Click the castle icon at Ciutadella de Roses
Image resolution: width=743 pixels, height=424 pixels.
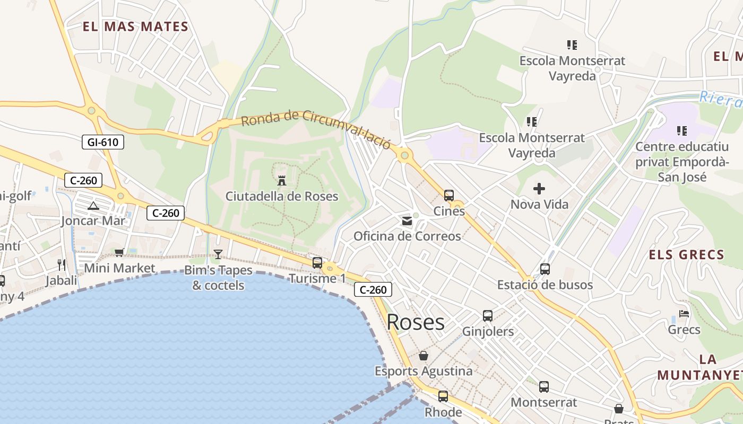[282, 180]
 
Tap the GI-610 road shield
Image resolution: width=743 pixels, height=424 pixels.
[103, 142]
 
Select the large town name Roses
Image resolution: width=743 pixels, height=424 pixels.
[416, 322]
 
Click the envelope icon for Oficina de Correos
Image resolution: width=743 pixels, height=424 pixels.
[407, 220]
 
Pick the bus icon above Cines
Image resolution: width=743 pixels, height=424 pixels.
[449, 195]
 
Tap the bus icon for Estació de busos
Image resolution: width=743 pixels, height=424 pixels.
[545, 269]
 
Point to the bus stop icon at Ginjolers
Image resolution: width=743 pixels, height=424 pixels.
[488, 316]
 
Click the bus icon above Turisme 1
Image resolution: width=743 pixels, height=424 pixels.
[317, 262]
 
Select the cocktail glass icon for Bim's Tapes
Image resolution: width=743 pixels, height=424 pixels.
[218, 254]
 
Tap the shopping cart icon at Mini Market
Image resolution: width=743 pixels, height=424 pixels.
[119, 252]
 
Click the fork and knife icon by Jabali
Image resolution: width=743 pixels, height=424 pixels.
[62, 264]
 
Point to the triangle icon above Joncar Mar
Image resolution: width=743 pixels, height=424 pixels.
[93, 206]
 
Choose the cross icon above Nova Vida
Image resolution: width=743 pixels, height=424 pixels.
[539, 189]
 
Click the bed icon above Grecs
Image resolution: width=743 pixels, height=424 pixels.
[684, 314]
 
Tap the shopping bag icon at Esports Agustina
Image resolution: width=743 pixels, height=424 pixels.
[424, 356]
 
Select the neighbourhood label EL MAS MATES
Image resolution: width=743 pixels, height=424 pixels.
[136, 26]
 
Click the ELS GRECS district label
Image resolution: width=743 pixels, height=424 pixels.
[687, 255]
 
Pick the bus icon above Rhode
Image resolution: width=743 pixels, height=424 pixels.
[443, 396]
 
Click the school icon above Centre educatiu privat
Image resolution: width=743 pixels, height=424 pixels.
[682, 130]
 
